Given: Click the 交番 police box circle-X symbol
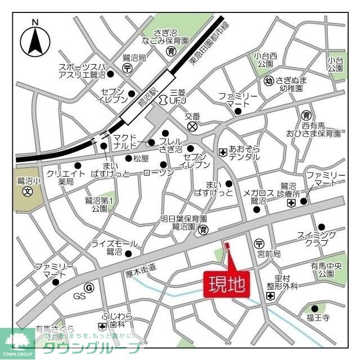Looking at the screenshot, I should point(193,127).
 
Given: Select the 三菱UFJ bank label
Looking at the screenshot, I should point(177,96).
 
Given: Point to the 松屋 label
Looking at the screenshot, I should point(140,159).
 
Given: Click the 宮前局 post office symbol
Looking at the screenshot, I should point(259,244).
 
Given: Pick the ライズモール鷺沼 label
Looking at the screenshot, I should point(114,247).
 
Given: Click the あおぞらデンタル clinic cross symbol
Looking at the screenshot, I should point(222,152).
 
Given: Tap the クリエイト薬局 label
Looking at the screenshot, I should point(66,178).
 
